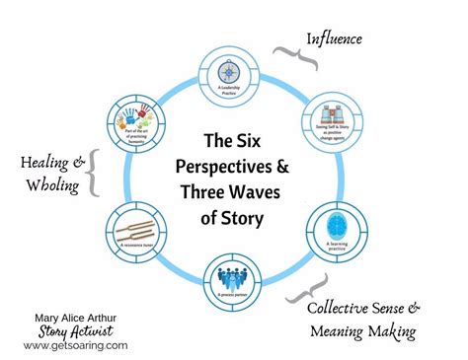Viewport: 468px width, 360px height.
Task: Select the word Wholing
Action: (x=44, y=186)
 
